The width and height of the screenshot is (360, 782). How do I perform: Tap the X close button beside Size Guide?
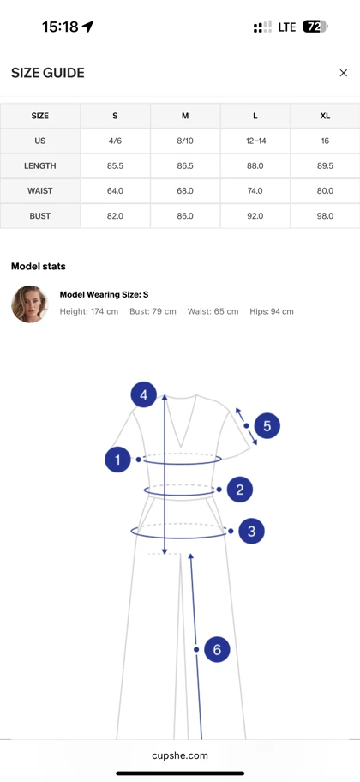[343, 73]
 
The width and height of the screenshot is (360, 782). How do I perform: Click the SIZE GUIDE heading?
[48, 73]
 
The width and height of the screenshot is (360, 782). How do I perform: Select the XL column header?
[325, 116]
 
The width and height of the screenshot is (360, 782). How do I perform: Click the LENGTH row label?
[40, 165]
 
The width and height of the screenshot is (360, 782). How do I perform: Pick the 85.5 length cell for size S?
[115, 165]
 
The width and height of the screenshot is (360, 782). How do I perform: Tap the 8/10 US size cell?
[185, 141]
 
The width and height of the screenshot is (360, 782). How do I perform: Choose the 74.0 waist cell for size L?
[255, 190]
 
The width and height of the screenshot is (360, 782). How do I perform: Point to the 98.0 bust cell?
[325, 216]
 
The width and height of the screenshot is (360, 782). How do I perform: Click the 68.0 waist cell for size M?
[185, 190]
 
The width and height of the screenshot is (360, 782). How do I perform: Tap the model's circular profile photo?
[30, 304]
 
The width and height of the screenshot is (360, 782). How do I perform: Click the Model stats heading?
[39, 267]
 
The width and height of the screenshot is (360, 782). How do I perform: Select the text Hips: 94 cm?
[272, 311]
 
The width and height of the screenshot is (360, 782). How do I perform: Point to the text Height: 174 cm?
[89, 311]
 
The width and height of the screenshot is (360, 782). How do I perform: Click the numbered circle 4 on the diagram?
[144, 394]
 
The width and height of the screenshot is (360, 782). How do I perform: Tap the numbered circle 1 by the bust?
[117, 460]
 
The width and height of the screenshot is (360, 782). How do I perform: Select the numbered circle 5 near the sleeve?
[267, 426]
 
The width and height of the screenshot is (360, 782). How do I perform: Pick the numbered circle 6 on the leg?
[217, 649]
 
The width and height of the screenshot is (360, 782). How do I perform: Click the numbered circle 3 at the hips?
[251, 531]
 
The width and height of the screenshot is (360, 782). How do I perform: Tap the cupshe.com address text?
[180, 755]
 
